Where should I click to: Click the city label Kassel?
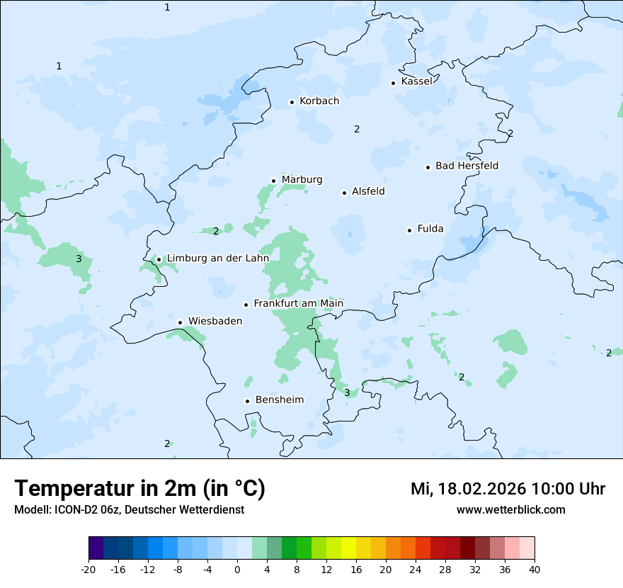(416, 81)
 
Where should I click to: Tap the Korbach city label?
(319, 101)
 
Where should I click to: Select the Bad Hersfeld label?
(467, 166)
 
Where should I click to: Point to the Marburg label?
(302, 180)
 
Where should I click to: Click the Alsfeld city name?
(368, 191)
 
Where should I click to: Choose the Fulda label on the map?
(430, 229)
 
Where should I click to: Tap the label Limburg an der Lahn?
(218, 259)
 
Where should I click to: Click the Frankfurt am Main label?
(298, 304)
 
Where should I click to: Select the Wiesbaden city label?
(215, 322)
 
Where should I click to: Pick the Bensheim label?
(280, 400)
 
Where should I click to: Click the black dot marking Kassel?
(394, 83)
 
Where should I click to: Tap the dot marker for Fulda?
(409, 230)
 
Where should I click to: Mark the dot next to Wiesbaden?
(181, 322)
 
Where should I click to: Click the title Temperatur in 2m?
(139, 489)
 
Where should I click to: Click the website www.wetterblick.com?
(510, 510)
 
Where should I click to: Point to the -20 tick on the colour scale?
(88, 569)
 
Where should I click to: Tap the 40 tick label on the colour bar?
(535, 569)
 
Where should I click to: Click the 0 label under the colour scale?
(237, 569)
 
